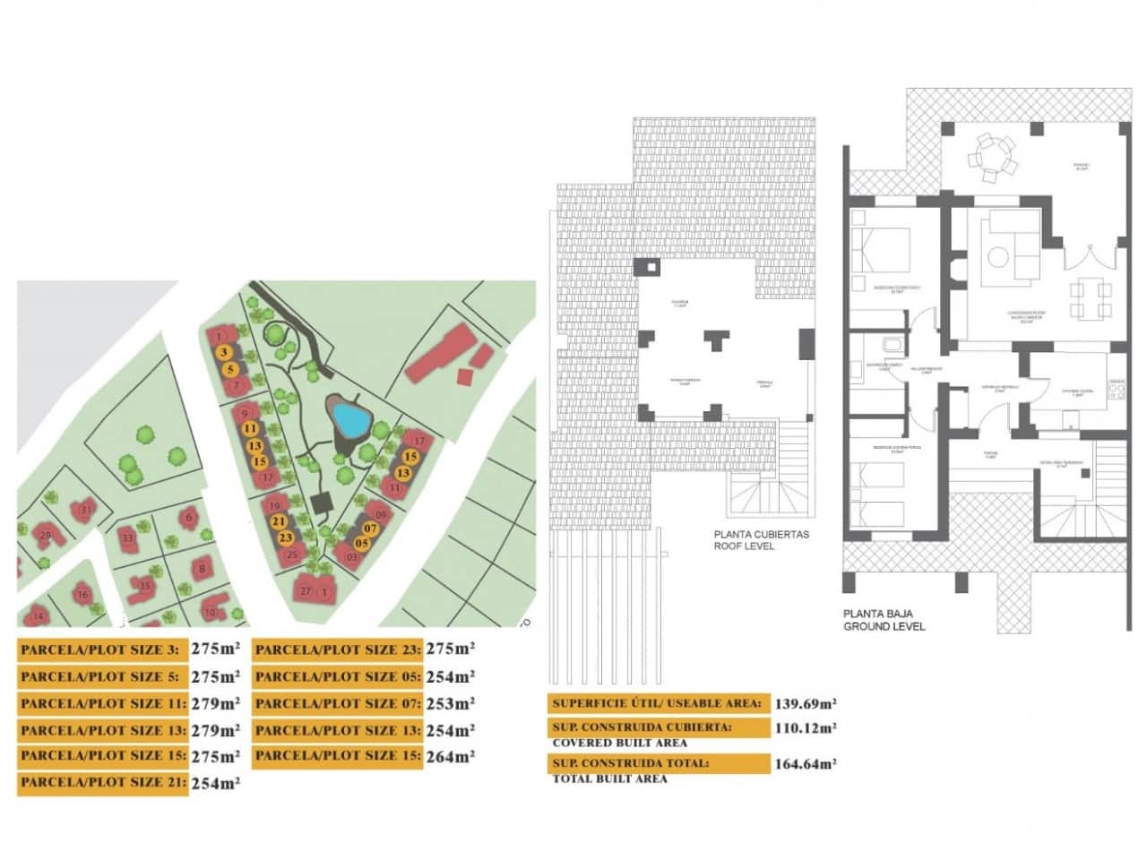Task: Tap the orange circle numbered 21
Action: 279,522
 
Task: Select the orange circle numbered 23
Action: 286,538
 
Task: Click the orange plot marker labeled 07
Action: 370,529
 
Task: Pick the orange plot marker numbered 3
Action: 224,353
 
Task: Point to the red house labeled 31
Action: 86,510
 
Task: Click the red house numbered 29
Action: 45,536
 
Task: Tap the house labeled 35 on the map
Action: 143,586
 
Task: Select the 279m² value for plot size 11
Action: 216,703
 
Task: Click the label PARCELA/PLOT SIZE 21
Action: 103,783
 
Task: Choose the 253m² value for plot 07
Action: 450,703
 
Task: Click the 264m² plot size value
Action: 450,756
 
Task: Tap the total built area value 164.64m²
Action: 806,764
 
